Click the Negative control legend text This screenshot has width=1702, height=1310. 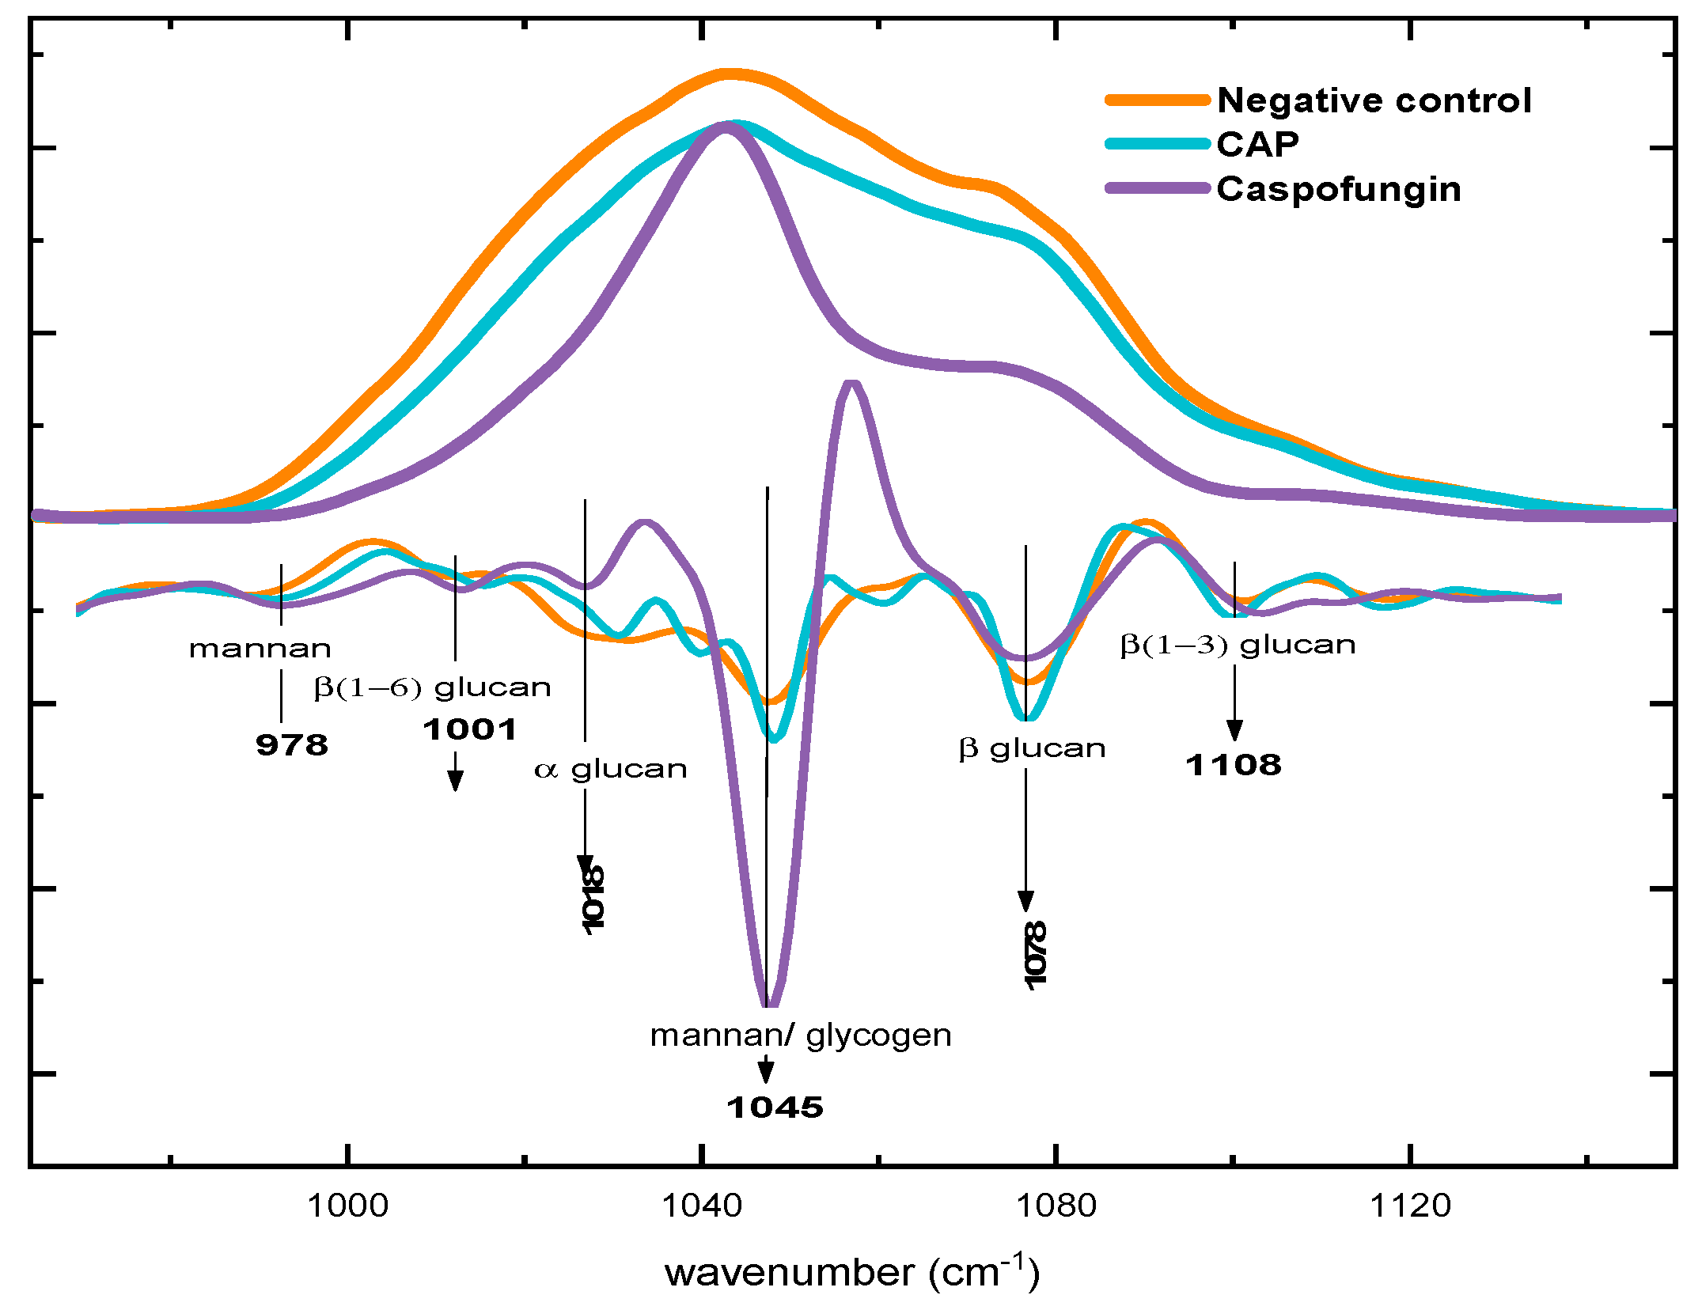[1374, 100]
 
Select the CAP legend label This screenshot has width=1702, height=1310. [1257, 144]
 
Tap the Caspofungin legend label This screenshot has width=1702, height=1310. [1338, 189]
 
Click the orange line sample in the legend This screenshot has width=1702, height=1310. [1158, 100]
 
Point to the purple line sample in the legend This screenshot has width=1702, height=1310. [1158, 188]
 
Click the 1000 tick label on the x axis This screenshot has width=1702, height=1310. [347, 1206]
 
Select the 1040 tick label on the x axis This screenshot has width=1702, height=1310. [701, 1206]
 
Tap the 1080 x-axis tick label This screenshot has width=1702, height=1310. [1055, 1206]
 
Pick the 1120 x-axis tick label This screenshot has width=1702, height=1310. [1409, 1206]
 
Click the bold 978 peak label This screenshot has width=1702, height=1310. [291, 745]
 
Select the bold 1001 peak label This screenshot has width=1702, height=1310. [470, 729]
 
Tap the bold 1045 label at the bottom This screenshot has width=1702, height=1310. [775, 1107]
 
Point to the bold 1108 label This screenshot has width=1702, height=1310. [1233, 765]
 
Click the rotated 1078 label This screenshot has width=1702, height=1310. [1034, 955]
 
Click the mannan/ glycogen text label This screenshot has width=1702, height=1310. [800, 1036]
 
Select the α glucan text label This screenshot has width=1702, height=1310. [610, 769]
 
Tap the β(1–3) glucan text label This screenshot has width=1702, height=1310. [1238, 645]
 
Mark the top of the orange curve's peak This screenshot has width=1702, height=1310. [729, 74]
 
